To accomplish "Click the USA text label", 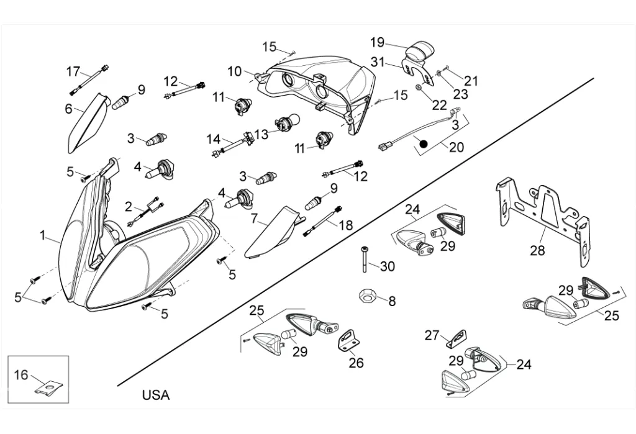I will point(156,395).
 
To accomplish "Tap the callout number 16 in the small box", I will point(21,374).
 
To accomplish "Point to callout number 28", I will point(537,250).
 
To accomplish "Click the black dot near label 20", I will point(424,144).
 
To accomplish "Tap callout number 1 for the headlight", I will point(43,235).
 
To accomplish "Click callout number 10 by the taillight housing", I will point(234,71).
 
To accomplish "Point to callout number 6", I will point(68,108).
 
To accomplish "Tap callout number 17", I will point(73,71).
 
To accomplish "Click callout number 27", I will point(432,335).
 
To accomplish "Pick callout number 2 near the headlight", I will point(129,207).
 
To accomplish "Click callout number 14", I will point(214,138).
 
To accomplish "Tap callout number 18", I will point(346,224).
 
